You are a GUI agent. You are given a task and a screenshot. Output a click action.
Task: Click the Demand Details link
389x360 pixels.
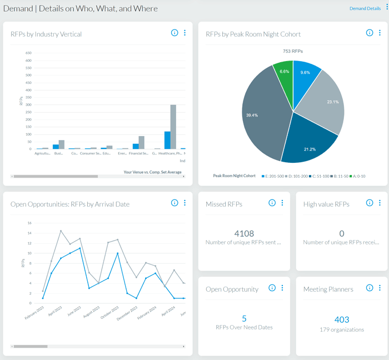[365, 8]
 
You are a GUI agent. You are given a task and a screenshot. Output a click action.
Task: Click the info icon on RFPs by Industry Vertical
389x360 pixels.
[174, 33]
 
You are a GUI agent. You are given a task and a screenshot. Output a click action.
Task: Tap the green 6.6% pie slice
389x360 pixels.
[283, 74]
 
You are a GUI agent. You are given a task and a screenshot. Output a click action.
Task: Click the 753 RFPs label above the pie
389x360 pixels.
[292, 51]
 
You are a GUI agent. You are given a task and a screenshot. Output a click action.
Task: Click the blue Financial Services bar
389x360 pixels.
[136, 146]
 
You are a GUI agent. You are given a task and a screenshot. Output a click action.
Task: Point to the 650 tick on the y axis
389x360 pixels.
[28, 53]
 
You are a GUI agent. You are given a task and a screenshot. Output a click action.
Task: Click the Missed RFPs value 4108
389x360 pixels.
[244, 233]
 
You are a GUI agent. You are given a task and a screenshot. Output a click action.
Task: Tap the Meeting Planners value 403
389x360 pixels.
[342, 319]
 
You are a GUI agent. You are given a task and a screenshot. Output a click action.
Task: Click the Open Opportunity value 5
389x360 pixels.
[244, 318]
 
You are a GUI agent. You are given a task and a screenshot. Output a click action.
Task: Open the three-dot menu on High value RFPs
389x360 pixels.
[380, 203]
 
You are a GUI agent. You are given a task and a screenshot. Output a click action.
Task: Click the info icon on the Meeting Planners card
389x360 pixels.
[370, 288]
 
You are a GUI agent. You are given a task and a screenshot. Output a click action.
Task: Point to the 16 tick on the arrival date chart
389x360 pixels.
[29, 223]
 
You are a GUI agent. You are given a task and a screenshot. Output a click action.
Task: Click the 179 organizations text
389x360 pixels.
[342, 329]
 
